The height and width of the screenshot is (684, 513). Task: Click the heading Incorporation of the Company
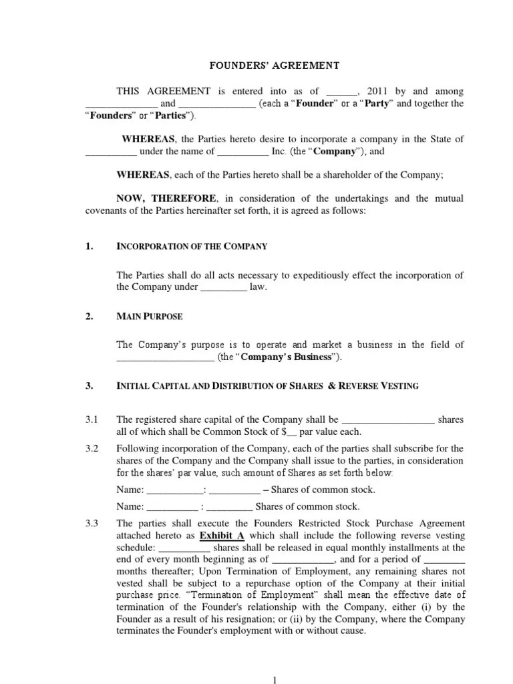click(x=192, y=246)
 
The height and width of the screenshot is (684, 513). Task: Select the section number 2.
click(x=89, y=317)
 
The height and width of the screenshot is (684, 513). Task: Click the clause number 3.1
click(x=92, y=419)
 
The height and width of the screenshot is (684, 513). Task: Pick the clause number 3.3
click(x=92, y=523)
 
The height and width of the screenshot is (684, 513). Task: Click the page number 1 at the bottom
click(x=275, y=679)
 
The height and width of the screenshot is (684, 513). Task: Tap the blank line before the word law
click(x=224, y=287)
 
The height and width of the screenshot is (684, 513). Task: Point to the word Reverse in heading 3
click(x=361, y=386)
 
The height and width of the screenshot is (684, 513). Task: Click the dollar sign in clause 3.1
click(x=284, y=432)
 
